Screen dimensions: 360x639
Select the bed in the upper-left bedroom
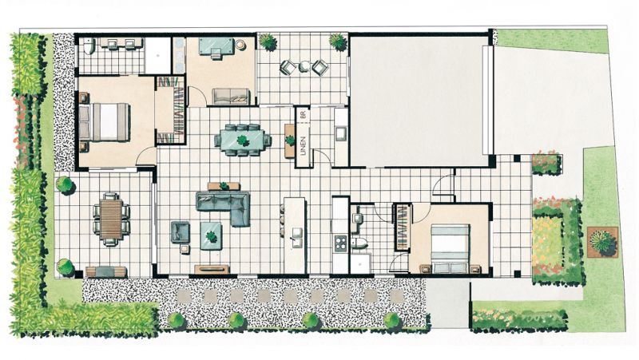[x=105, y=121]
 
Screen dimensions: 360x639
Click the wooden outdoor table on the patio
[x=110, y=217]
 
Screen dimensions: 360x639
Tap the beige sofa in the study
[x=231, y=97]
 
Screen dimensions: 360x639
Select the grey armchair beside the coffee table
[x=180, y=232]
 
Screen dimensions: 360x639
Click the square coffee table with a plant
[x=212, y=235]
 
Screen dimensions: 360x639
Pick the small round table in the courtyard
[x=304, y=67]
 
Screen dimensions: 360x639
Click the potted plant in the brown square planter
[x=602, y=240]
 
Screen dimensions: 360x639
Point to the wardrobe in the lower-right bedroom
[x=403, y=229]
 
